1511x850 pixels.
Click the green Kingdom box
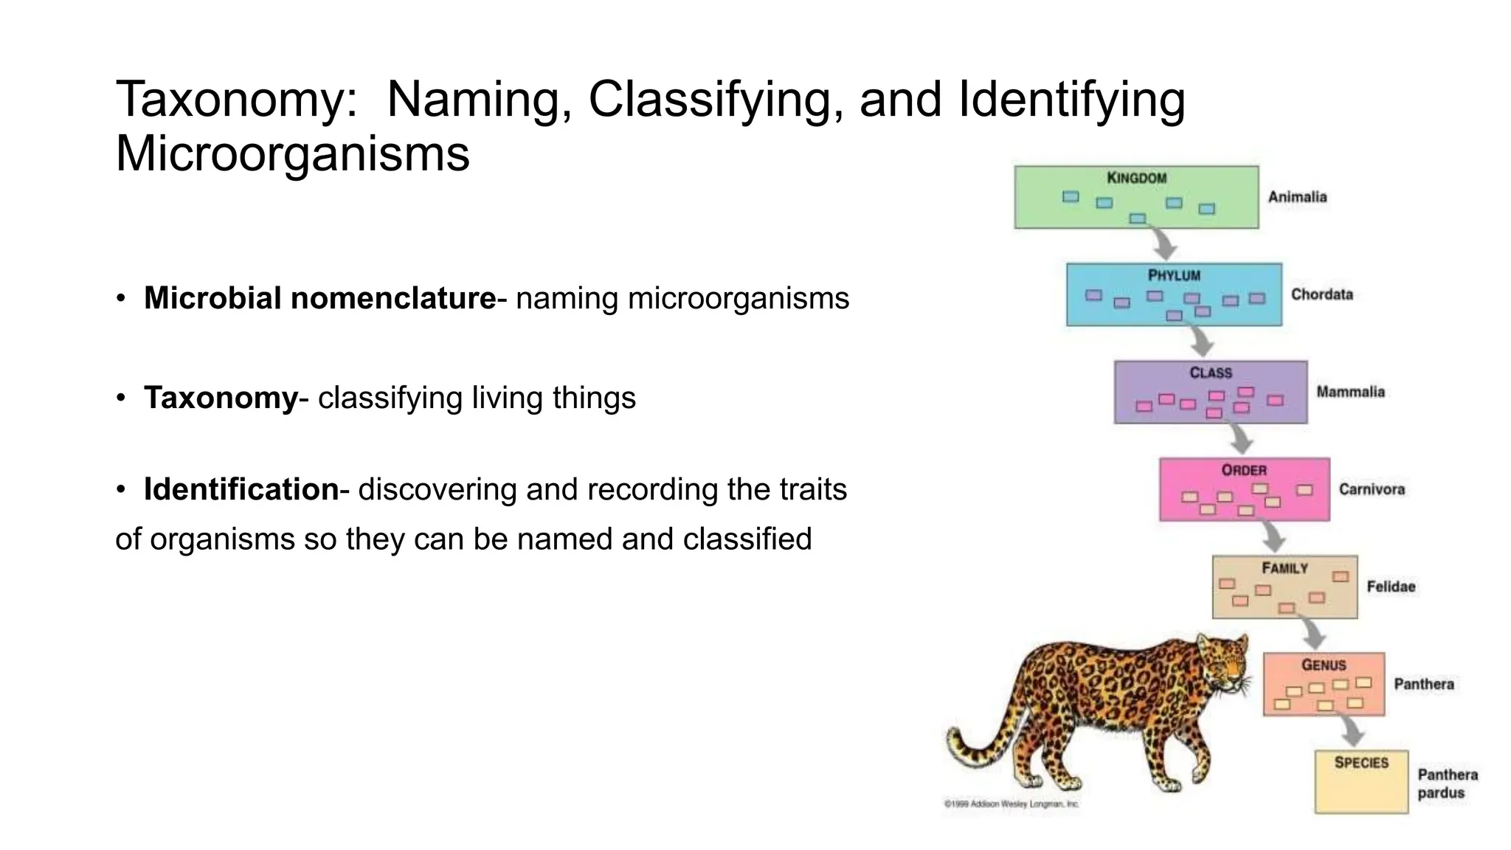pyautogui.click(x=1136, y=197)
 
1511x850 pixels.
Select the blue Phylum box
pyautogui.click(x=1174, y=294)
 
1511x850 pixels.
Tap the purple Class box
pyautogui.click(x=1211, y=392)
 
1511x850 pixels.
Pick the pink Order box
pyautogui.click(x=1245, y=489)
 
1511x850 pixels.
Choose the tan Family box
pyautogui.click(x=1284, y=587)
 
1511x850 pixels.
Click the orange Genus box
pyautogui.click(x=1324, y=684)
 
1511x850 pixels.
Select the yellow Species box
pyautogui.click(x=1361, y=782)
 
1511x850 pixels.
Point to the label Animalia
pyautogui.click(x=1297, y=197)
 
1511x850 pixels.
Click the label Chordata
pyautogui.click(x=1321, y=294)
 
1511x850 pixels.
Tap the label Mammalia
pyautogui.click(x=1350, y=392)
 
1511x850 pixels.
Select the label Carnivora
pyautogui.click(x=1372, y=489)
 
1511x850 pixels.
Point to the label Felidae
pyautogui.click(x=1391, y=587)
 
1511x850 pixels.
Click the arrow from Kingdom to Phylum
pyautogui.click(x=1164, y=243)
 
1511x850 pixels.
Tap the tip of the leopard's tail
pyautogui.click(x=952, y=734)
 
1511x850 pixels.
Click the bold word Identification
pyautogui.click(x=241, y=489)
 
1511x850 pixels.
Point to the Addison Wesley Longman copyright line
pyautogui.click(x=1011, y=804)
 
